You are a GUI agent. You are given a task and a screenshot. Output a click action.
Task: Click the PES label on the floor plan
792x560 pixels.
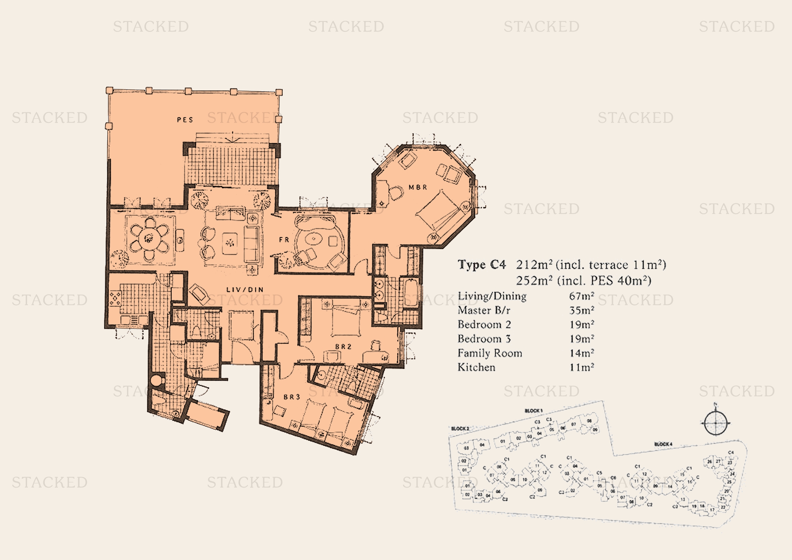[x=185, y=120]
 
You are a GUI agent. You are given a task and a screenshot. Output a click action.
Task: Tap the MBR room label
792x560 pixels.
[x=418, y=187]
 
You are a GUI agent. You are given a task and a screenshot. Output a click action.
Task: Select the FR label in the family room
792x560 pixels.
[x=284, y=239]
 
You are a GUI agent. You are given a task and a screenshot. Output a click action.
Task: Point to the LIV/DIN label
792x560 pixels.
[x=245, y=290]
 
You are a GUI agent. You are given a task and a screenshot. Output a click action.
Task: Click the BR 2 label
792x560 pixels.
[x=343, y=347]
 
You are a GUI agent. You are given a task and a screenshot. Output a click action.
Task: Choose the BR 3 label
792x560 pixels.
[x=292, y=397]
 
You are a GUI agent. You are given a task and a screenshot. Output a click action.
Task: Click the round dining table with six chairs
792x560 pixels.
[x=149, y=238]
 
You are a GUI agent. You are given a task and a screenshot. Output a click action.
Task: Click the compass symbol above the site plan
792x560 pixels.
[x=715, y=423]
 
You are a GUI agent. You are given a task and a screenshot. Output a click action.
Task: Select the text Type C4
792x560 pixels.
[x=481, y=265]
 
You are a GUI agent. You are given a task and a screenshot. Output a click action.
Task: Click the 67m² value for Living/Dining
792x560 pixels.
[x=582, y=296]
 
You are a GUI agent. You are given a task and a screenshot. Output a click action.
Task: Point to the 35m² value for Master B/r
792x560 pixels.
[x=582, y=310]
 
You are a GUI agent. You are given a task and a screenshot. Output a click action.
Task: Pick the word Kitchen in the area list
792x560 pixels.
[x=476, y=367]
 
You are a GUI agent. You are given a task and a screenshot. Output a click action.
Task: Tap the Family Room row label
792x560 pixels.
[x=490, y=353]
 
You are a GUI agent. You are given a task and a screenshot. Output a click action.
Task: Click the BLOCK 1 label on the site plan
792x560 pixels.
[x=534, y=411]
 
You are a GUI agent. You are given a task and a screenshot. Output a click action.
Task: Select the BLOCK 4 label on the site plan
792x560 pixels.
[x=663, y=444]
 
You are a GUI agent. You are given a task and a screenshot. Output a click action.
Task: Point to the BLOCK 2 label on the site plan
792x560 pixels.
[x=460, y=429]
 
